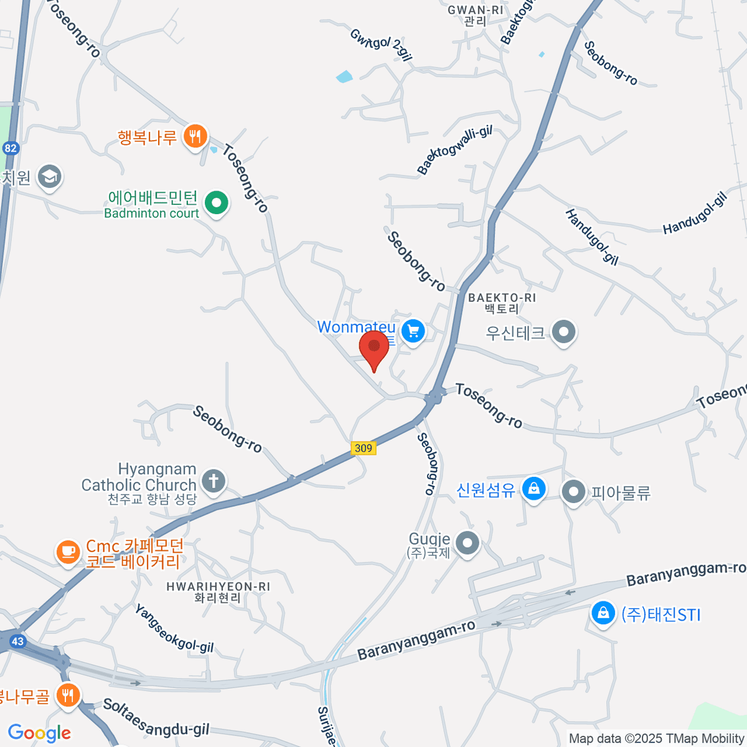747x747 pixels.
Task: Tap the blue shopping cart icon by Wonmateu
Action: point(413,331)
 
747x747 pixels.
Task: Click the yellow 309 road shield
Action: point(363,448)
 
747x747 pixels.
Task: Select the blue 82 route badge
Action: point(10,148)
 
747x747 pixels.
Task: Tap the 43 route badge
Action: point(17,641)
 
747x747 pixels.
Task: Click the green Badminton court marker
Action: point(217,202)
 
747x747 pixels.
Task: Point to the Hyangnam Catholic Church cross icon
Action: point(214,481)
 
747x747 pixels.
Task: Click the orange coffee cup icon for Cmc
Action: point(68,552)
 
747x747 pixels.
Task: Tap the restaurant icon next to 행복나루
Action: point(195,136)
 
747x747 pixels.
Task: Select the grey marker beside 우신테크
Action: point(564,332)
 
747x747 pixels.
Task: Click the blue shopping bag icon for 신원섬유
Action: point(533,489)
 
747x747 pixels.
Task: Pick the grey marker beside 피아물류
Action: point(573,492)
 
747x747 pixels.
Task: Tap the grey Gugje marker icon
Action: point(467,543)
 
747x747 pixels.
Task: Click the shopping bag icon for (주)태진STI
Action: point(603,614)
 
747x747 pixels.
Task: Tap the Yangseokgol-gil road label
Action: point(174,629)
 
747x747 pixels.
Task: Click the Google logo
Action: point(39,733)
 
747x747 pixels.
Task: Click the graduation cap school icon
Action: point(49,177)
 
